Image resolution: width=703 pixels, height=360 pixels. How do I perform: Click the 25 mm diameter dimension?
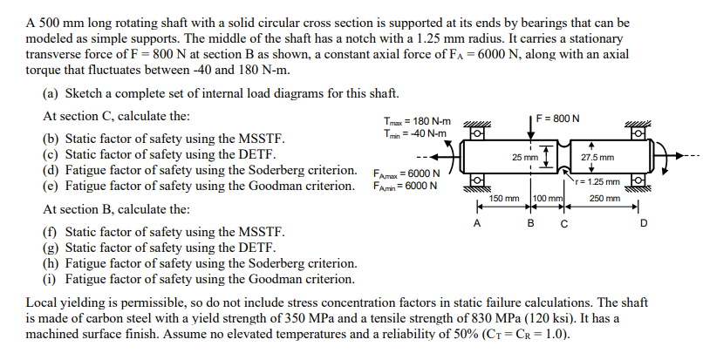[525, 158]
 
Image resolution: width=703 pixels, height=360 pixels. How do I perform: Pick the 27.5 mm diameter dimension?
[597, 158]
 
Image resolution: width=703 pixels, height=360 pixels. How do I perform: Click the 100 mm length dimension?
[549, 199]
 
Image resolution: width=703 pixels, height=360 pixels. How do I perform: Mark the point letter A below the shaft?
[476, 222]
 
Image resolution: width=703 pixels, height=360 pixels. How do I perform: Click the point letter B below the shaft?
[532, 222]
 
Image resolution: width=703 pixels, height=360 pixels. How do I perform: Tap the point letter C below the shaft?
[564, 222]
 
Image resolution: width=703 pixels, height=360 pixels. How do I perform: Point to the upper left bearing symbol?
[476, 132]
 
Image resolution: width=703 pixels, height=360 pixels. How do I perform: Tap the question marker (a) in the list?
[51, 93]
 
